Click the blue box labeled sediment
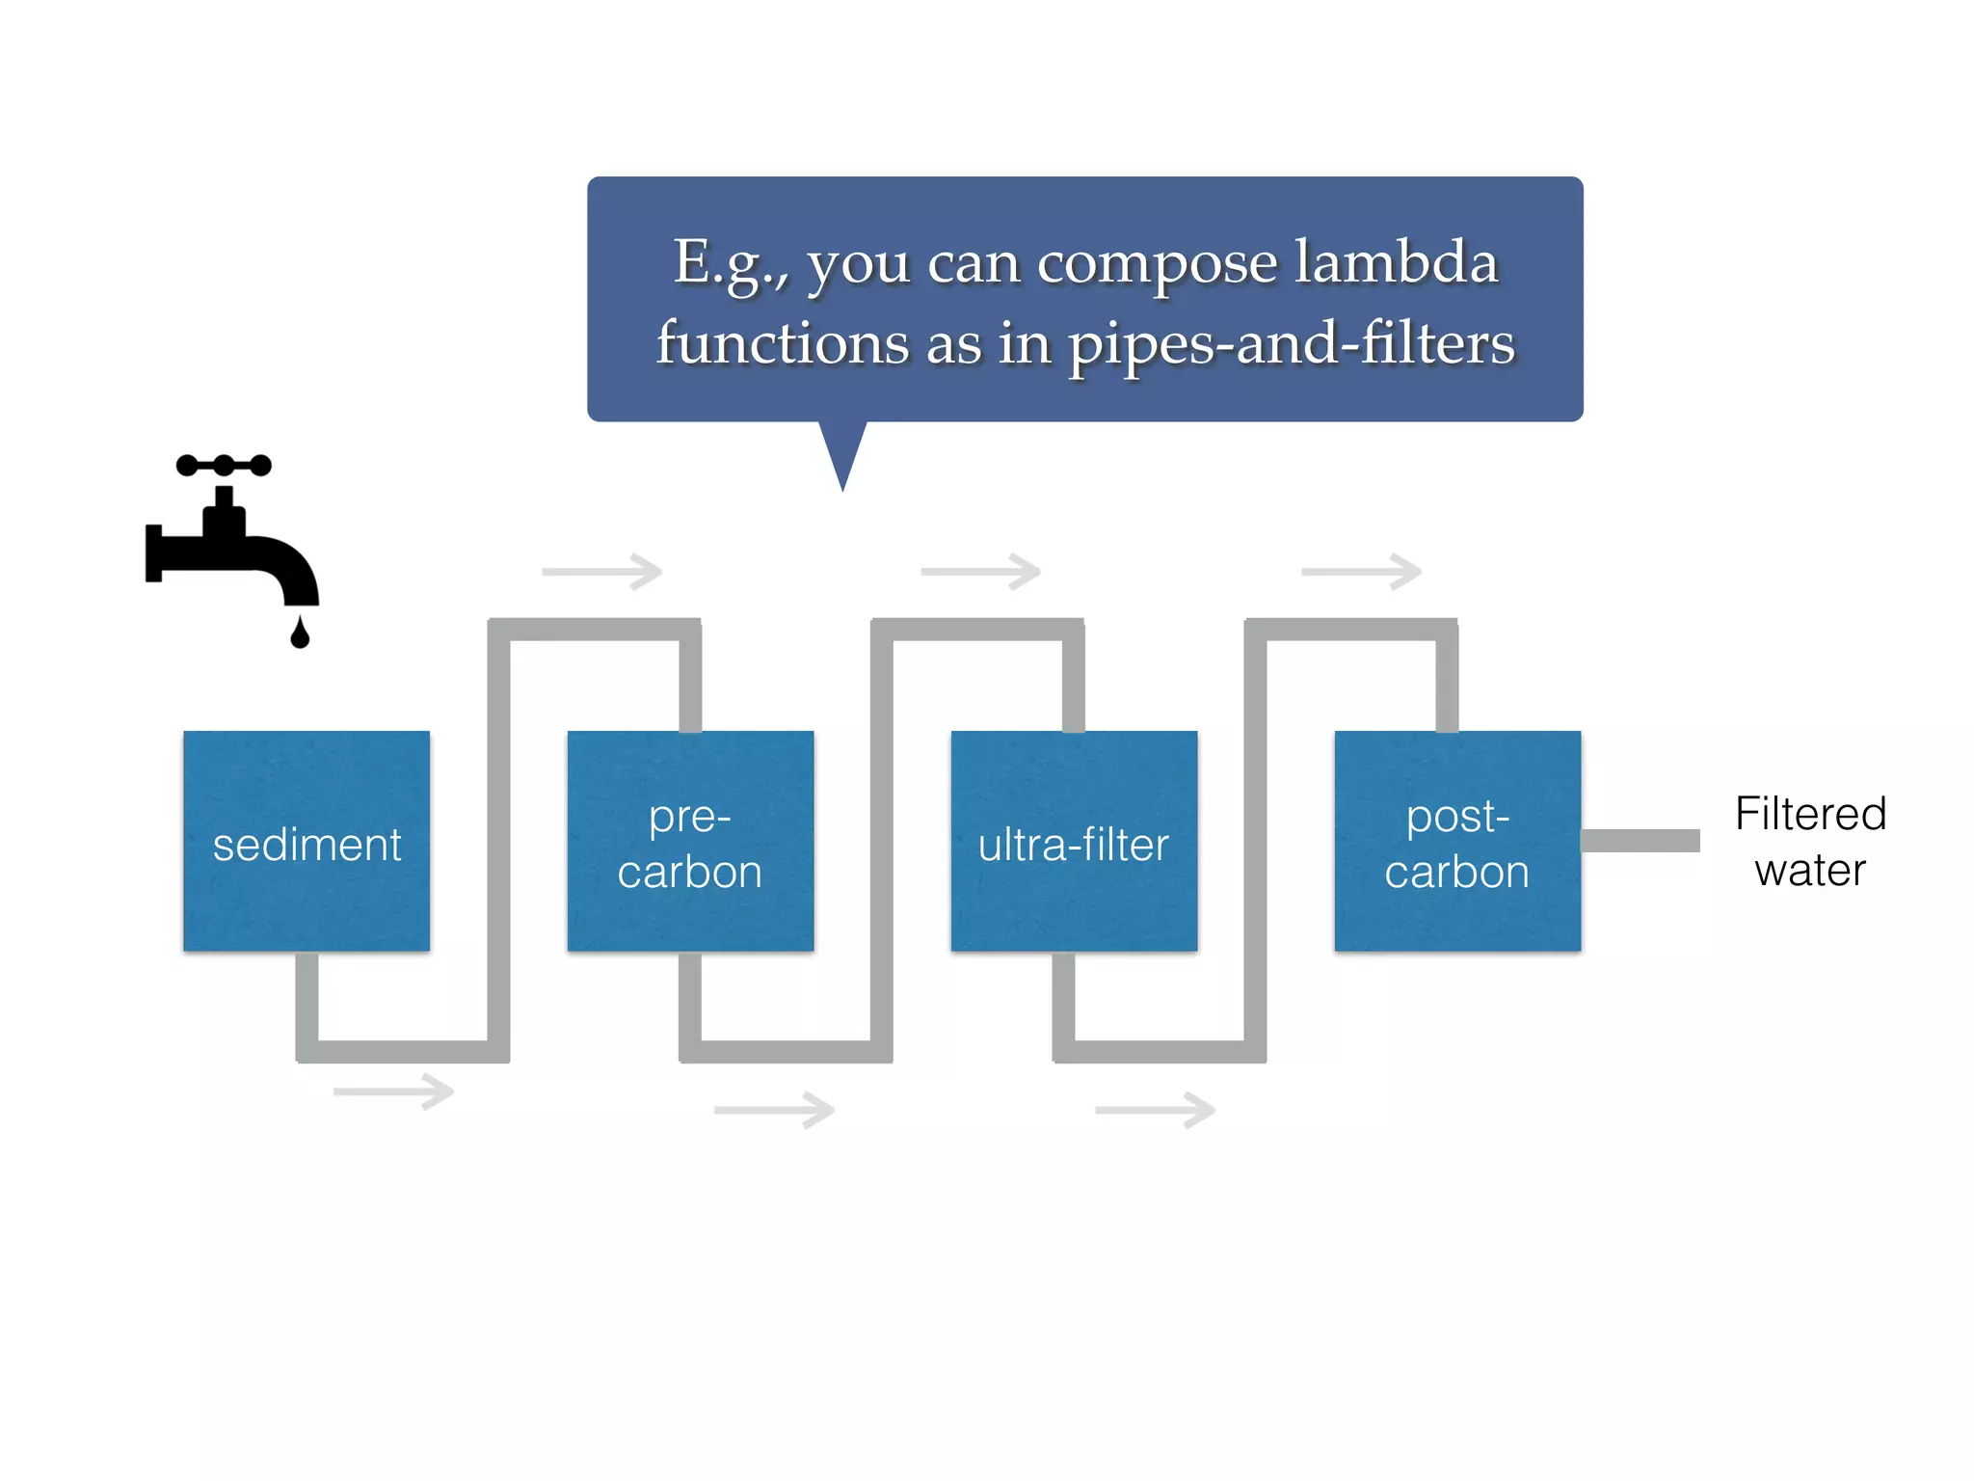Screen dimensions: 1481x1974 click(x=307, y=841)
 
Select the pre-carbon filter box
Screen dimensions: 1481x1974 click(x=690, y=841)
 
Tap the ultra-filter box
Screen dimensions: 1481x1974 click(x=1074, y=841)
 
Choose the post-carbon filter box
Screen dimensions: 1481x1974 click(x=1457, y=841)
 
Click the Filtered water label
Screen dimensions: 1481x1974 click(x=1810, y=841)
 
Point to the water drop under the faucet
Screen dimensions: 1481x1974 click(x=300, y=633)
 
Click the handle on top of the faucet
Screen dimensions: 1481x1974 click(x=224, y=466)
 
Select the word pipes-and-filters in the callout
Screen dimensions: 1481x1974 click(x=1292, y=344)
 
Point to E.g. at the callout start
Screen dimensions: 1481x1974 click(x=731, y=262)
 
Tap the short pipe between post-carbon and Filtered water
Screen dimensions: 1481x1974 click(x=1641, y=841)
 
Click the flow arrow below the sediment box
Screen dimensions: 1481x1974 click(x=394, y=1091)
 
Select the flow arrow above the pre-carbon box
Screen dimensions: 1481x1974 click(x=602, y=571)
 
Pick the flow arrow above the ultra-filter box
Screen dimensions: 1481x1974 click(x=981, y=571)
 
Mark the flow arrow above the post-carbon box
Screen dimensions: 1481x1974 click(x=1361, y=571)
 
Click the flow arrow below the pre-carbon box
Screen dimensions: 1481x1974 click(x=774, y=1110)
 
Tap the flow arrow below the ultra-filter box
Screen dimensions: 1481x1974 click(x=1155, y=1110)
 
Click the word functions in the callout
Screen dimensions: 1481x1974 click(x=783, y=343)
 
